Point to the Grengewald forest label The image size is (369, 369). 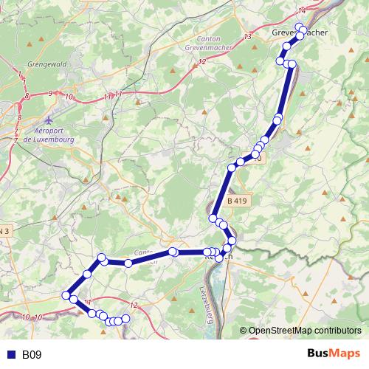click(47, 64)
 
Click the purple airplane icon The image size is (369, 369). click(49, 120)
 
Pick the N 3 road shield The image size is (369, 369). click(5, 231)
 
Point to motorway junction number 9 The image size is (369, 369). click(50, 94)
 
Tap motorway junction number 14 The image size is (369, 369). click(301, 10)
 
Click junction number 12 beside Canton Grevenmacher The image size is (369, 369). click(201, 62)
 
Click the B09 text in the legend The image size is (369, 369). click(32, 355)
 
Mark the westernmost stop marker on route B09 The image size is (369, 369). click(66, 294)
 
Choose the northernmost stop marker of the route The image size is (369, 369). click(300, 27)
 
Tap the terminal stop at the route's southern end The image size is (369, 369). click(125, 318)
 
